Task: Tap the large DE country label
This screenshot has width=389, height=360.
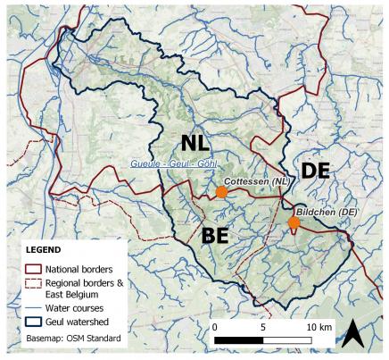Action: pos(318,171)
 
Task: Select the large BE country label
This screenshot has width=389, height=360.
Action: pos(219,236)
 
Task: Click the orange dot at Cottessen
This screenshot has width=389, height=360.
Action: pos(221,192)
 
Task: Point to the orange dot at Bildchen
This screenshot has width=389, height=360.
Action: pos(294,222)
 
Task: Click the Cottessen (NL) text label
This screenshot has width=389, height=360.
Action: pos(259,181)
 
